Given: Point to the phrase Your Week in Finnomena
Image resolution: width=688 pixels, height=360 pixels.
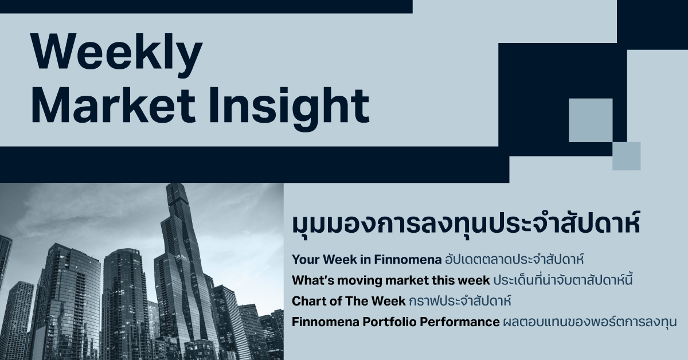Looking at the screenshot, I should pos(366,259).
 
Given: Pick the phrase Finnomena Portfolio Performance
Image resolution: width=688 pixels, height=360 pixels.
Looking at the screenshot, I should pos(396,322).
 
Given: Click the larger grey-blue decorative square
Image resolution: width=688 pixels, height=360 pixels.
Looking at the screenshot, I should pos(591,120).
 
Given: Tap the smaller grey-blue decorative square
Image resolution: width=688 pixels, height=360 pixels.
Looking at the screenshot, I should pos(626,156).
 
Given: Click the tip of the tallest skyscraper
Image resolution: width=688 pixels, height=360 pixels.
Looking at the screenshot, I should pos(173,185).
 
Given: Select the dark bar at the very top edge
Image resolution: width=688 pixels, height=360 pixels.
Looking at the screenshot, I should pos(206,6).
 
